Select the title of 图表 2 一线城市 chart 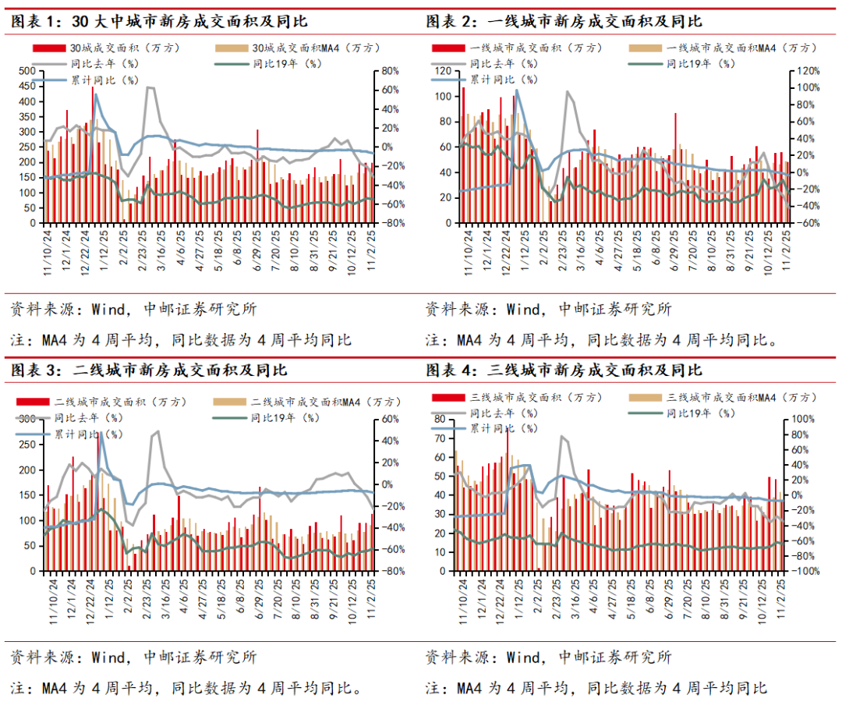[564, 21]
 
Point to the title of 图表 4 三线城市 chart [564, 369]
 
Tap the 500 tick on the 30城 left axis [26, 71]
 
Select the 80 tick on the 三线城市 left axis [440, 419]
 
